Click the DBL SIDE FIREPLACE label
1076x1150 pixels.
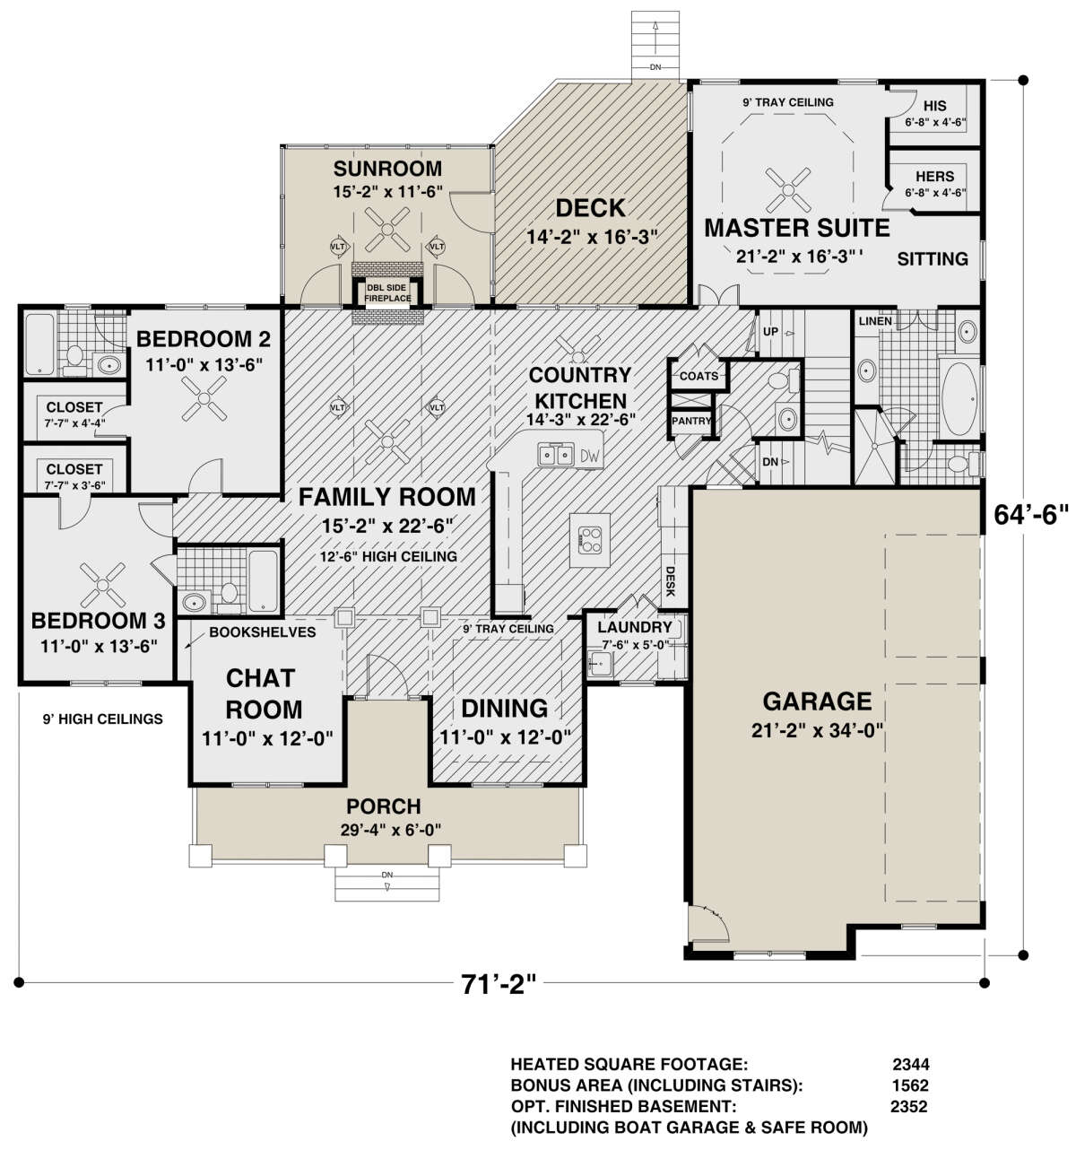(387, 293)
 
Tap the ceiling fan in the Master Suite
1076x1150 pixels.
(788, 189)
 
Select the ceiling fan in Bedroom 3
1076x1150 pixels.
(102, 585)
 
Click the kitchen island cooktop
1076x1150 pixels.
(589, 539)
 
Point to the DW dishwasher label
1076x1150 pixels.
(591, 455)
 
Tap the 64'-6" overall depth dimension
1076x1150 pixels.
(1031, 514)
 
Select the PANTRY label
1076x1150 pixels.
(690, 421)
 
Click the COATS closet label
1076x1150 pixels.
(699, 376)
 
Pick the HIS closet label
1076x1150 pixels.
(934, 105)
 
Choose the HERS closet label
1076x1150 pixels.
(934, 176)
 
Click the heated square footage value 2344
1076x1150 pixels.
(910, 1064)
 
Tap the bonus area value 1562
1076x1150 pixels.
(910, 1085)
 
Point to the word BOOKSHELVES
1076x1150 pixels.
(262, 632)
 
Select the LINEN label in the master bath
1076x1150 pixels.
(875, 321)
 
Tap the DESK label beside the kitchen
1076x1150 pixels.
(670, 581)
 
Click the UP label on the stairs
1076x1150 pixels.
(770, 332)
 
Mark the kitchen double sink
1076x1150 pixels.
(556, 455)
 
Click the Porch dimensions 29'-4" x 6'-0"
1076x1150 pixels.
(391, 830)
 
